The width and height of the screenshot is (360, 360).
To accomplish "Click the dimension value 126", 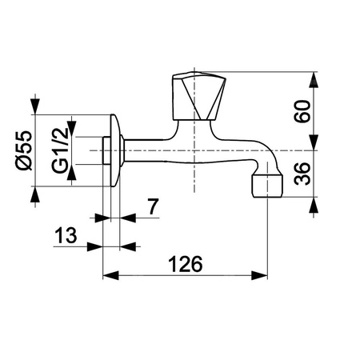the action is coord(186,264).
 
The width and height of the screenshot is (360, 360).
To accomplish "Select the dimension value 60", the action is coord(302,111).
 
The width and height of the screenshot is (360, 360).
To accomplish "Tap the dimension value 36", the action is coord(302,174).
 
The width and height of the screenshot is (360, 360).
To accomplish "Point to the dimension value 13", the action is coord(66,235).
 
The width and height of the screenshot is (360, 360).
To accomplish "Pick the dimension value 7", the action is coord(153,206).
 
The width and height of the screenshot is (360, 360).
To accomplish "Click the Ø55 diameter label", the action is coord(24,150).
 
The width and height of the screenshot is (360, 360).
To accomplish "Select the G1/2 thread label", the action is coord(60,150).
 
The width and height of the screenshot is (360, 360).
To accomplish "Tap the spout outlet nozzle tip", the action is coord(267,186).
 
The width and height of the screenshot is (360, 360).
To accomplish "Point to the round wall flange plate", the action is coord(115,150).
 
